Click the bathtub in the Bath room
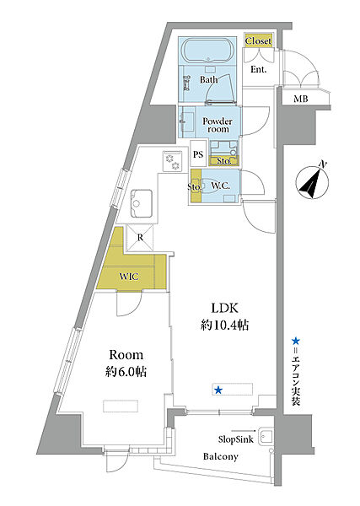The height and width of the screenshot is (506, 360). [208, 51]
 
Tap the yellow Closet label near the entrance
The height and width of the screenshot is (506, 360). [258, 41]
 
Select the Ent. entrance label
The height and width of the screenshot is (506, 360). [258, 69]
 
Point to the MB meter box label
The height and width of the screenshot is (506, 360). [300, 99]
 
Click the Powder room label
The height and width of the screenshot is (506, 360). [218, 125]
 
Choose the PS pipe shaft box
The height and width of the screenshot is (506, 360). [198, 154]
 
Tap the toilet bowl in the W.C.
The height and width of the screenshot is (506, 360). [214, 186]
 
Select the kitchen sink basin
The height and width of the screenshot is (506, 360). [142, 203]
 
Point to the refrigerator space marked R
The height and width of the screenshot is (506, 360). [140, 238]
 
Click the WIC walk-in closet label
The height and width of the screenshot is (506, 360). [129, 277]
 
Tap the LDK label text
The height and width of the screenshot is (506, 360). [225, 308]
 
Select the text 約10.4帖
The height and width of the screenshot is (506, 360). [225, 326]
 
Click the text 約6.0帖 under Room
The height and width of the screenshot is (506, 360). [126, 371]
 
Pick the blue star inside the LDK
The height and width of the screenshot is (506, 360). [218, 390]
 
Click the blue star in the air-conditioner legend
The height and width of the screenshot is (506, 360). [295, 341]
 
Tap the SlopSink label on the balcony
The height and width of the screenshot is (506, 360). [236, 439]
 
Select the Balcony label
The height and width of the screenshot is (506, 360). [221, 456]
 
